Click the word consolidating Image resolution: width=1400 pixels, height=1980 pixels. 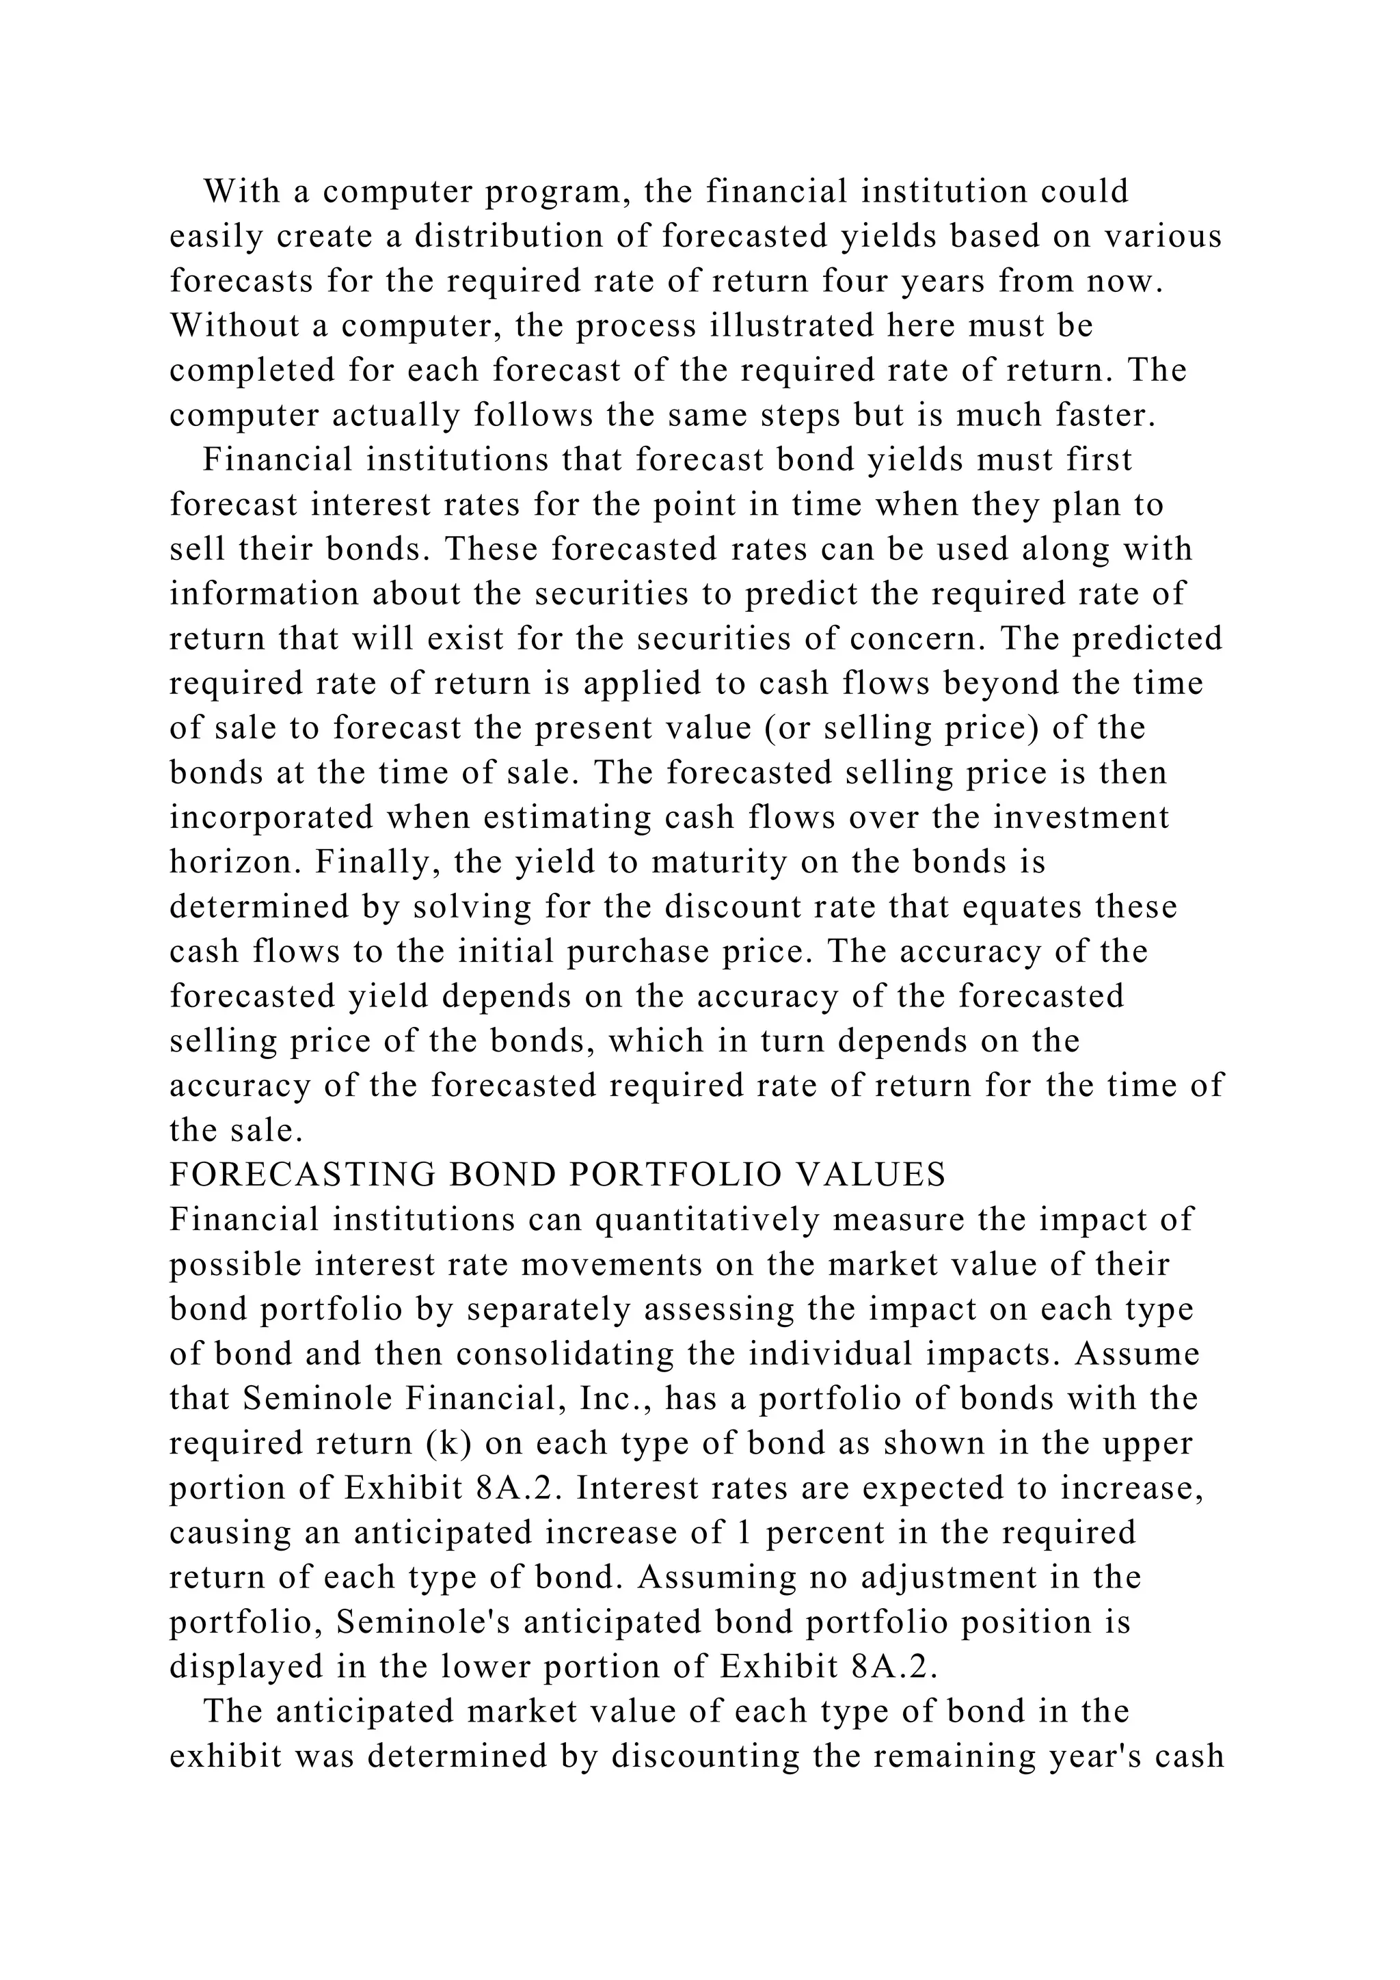pyautogui.click(x=565, y=1354)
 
